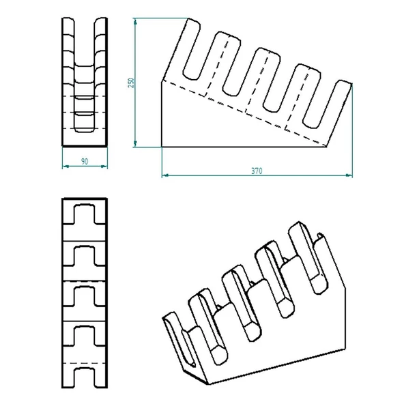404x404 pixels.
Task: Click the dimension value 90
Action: point(84,161)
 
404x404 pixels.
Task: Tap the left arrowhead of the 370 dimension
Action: point(164,175)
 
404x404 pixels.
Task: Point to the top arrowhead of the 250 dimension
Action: point(135,20)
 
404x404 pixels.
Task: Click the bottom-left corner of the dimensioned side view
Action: point(162,145)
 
